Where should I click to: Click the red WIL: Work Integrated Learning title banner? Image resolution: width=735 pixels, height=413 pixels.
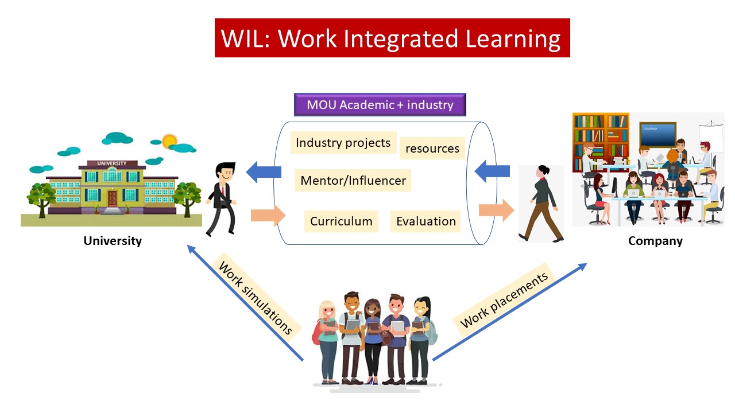tap(392, 38)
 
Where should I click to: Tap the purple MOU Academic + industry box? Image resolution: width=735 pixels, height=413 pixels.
tap(380, 104)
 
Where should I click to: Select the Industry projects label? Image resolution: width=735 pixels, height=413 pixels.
tap(343, 143)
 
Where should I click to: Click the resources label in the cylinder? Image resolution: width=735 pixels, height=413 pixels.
tap(432, 148)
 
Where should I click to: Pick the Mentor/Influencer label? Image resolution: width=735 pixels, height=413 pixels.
tap(353, 180)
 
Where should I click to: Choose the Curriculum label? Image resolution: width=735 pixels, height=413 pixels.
tap(341, 221)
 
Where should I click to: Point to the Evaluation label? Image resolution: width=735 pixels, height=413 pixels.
tap(425, 221)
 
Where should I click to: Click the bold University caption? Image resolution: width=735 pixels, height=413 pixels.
tap(113, 241)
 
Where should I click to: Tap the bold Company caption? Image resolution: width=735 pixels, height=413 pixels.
tap(655, 241)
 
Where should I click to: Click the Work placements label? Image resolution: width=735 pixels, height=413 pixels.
tap(504, 300)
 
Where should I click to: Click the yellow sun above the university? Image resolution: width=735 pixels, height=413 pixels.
tap(169, 141)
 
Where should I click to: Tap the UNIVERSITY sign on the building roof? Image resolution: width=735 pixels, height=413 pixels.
tap(112, 163)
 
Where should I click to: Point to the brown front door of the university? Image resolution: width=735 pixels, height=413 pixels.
tap(112, 198)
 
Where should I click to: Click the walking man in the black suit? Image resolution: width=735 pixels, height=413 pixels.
tap(222, 199)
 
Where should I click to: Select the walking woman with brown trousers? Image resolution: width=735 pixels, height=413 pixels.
tap(541, 204)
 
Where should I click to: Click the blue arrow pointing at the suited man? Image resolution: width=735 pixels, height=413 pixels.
tap(264, 172)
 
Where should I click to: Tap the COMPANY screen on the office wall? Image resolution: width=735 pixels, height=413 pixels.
tap(657, 134)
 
